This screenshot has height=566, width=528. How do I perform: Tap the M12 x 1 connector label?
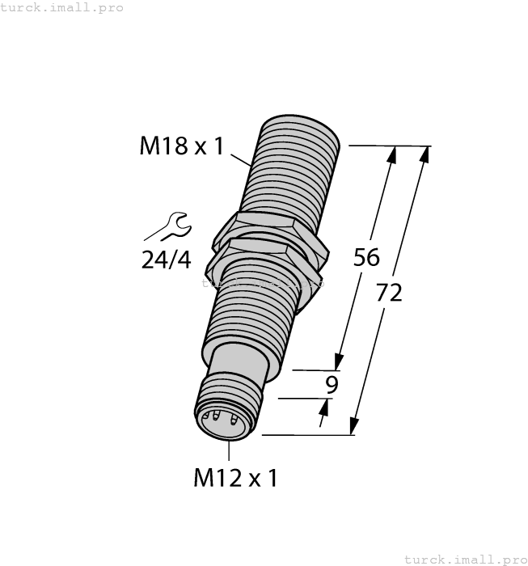point(235,478)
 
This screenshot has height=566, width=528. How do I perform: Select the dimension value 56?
point(366,257)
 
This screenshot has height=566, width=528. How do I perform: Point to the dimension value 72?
point(389,294)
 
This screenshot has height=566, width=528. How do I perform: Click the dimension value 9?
point(331,385)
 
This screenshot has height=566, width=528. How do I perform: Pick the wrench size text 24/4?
point(166,260)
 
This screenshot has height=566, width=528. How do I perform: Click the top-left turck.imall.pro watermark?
point(62,7)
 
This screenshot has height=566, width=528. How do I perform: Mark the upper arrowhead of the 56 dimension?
point(393,154)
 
